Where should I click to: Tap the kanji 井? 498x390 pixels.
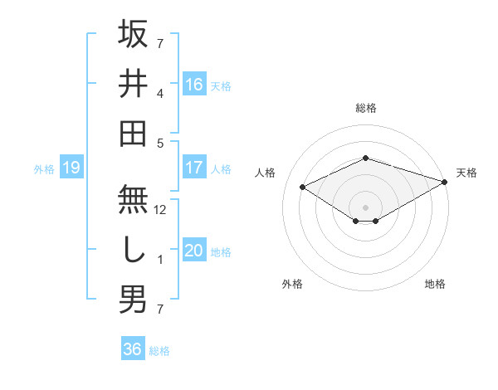point(133,83)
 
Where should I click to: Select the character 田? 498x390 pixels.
point(133,133)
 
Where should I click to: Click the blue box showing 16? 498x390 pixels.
point(194,84)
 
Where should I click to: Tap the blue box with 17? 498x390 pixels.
point(194,168)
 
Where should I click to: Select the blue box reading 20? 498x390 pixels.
point(194,251)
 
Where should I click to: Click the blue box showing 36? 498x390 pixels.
point(133,349)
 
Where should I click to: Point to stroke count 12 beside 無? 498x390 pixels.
point(161,210)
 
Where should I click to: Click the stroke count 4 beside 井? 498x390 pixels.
point(160,93)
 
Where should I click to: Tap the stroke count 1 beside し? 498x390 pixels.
point(160,260)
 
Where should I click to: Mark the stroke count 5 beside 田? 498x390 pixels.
point(160,143)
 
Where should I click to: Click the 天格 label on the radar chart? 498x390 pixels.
point(466,173)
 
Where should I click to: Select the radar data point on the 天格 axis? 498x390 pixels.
point(446,183)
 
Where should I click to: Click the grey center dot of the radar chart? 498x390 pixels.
point(365,206)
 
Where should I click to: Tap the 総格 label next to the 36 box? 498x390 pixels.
point(159,351)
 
